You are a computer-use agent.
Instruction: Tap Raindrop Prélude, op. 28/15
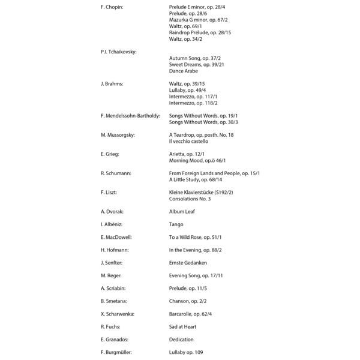(200, 32)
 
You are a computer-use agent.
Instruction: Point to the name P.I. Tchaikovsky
(119, 52)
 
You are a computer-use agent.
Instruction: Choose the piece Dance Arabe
(183, 71)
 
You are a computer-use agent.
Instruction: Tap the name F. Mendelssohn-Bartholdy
(130, 115)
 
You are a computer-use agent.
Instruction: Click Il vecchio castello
(188, 141)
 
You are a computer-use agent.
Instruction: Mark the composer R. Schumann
(116, 173)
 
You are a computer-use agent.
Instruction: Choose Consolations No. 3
(189, 199)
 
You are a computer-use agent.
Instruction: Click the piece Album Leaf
(182, 211)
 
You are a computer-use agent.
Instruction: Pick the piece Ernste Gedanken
(187, 263)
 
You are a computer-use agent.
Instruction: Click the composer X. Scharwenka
(118, 314)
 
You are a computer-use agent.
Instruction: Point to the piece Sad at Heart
(182, 326)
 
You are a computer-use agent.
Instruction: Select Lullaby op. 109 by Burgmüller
(186, 352)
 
